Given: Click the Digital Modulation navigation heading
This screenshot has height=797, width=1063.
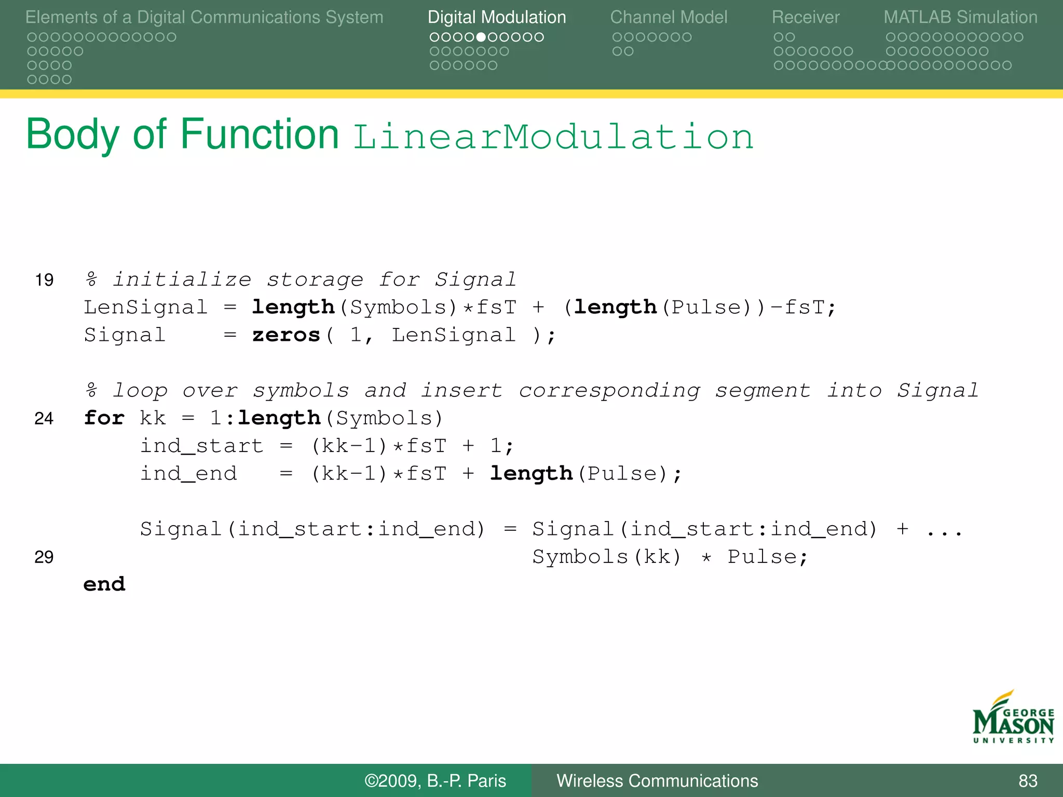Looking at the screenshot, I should (496, 18).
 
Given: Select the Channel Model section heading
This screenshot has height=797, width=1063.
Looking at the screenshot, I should (669, 18).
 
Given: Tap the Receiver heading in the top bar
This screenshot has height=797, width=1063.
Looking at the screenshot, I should (805, 18).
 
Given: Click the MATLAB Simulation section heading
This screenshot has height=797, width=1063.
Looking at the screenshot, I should (960, 18).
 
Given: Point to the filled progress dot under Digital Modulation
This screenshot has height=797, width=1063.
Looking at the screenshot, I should (481, 37).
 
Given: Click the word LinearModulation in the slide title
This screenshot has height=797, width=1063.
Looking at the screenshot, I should (553, 137).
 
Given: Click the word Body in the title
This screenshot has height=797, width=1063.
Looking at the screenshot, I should (73, 135).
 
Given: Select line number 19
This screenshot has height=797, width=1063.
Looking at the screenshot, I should (44, 280).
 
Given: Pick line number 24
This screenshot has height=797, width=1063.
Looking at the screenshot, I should (44, 418).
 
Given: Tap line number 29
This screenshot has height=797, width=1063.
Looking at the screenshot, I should (44, 557).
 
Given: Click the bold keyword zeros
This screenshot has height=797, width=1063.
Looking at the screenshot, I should (286, 335).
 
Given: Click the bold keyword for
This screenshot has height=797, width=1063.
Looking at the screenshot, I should (104, 418).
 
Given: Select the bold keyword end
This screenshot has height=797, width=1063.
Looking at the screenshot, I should (104, 584).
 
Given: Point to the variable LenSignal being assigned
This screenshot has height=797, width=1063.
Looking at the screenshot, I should (146, 307).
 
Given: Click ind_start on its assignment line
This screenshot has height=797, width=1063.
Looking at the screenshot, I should (202, 446).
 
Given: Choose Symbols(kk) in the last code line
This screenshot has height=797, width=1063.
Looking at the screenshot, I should (606, 557).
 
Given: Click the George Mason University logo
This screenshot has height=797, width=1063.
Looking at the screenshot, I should (1013, 718).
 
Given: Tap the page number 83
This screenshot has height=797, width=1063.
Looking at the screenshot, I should (1028, 781).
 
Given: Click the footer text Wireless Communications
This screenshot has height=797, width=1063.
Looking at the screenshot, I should (657, 781).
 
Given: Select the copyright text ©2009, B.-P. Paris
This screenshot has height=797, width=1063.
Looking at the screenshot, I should (435, 781).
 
